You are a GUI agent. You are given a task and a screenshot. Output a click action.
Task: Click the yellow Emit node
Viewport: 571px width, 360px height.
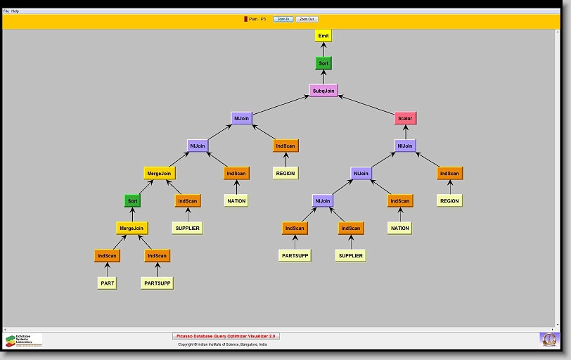pos(323,36)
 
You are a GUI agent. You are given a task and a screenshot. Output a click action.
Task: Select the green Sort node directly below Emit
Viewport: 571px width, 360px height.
pos(323,63)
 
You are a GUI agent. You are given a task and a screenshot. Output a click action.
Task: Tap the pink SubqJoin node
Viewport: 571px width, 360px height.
pos(323,90)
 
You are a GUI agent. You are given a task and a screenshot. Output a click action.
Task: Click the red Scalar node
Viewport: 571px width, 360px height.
pos(405,119)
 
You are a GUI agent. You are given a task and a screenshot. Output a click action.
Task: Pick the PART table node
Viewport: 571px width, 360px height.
pos(108,283)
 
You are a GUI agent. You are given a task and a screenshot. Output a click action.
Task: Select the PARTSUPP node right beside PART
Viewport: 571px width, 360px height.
pos(157,283)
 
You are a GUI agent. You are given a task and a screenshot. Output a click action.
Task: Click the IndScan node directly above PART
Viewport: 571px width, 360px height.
pos(108,256)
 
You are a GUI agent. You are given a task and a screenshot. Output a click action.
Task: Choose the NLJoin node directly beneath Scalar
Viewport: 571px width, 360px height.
pos(405,146)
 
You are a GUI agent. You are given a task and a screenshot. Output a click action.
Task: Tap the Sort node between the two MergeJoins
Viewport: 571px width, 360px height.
pos(132,201)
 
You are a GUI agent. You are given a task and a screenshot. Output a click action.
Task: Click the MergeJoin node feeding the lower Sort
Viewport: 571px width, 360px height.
pos(131,228)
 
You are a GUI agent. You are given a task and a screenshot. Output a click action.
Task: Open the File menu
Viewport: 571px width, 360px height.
pos(6,11)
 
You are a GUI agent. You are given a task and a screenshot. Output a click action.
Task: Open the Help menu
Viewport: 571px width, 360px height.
pos(15,11)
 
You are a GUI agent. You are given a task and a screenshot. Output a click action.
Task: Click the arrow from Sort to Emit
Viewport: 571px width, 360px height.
pos(323,49)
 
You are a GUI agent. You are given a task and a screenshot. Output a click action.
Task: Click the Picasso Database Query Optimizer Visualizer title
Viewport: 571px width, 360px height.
pos(226,336)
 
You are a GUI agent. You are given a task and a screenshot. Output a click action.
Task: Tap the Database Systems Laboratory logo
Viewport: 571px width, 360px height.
pos(23,340)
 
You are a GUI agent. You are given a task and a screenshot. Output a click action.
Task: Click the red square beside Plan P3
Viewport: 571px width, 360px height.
pos(245,19)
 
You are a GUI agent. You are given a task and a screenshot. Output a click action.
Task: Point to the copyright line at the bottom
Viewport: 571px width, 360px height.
pos(222,345)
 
